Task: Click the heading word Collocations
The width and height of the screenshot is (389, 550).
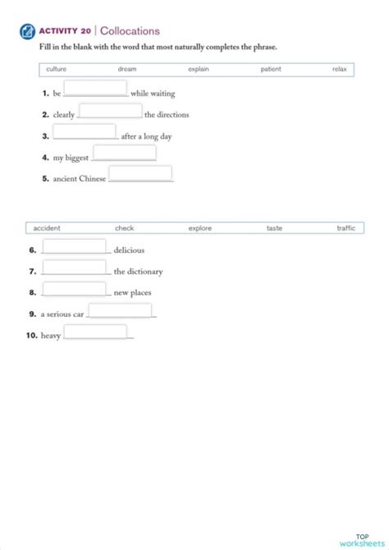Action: coord(130,31)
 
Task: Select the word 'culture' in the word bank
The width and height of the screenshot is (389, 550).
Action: coord(57,70)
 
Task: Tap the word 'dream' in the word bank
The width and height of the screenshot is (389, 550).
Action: coord(127,70)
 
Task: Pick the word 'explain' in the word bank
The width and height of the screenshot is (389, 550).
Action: coord(199,70)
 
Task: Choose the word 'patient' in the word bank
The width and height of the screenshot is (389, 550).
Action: coord(271,70)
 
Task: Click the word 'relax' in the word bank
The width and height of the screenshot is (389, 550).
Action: coord(340,70)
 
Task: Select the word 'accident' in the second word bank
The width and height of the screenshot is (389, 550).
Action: coord(47,228)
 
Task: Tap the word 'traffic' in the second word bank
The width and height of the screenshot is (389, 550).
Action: coord(346,228)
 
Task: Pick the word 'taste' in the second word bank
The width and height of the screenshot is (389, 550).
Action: coord(274,228)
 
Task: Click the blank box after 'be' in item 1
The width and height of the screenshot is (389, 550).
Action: coord(95,88)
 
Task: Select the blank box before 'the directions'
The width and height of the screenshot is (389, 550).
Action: coord(110,110)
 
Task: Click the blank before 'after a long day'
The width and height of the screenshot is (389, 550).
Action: coord(85,131)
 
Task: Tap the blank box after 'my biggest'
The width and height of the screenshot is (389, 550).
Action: coord(124,153)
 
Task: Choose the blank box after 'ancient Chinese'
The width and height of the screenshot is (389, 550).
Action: coord(140,173)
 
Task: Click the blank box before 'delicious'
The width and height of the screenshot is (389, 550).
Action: coord(74,245)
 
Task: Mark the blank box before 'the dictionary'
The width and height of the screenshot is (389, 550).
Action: coord(74,267)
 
